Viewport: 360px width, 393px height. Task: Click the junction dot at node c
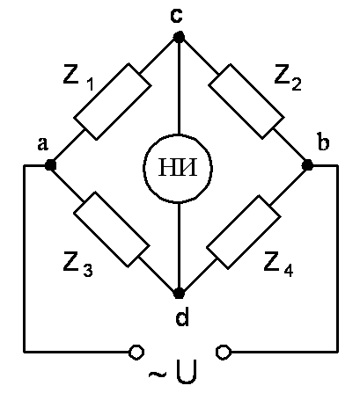(x=179, y=37)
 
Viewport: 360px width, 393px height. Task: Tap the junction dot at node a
(x=50, y=165)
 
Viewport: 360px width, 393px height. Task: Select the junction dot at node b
(x=307, y=165)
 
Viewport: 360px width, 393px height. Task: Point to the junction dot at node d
(x=179, y=293)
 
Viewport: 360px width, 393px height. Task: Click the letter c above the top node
(x=177, y=16)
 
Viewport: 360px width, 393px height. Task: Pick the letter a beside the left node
(x=43, y=144)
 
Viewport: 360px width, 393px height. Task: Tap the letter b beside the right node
(x=323, y=142)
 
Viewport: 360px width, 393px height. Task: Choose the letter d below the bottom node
(x=182, y=317)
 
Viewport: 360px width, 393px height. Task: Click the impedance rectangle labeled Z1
(x=113, y=101)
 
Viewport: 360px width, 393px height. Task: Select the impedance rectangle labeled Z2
(x=246, y=101)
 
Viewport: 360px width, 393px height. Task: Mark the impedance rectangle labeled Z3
(x=111, y=229)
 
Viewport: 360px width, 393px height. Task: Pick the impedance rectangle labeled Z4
(x=244, y=232)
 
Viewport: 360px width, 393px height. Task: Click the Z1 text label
(x=78, y=79)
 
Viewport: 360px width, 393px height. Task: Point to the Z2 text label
(x=288, y=79)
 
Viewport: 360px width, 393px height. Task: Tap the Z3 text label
(x=78, y=266)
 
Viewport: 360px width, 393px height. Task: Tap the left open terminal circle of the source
(x=136, y=352)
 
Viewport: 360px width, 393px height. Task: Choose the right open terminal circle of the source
(x=224, y=352)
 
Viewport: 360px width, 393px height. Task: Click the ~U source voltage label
(x=173, y=373)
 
